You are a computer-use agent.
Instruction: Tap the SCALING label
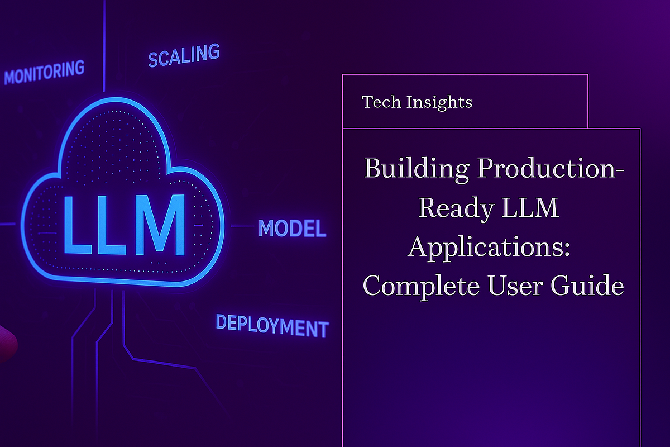[x=184, y=55]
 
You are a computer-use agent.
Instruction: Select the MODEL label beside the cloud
[x=292, y=228]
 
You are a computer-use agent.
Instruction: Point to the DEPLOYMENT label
[x=272, y=325]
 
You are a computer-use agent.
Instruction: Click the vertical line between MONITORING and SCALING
[x=104, y=45]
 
